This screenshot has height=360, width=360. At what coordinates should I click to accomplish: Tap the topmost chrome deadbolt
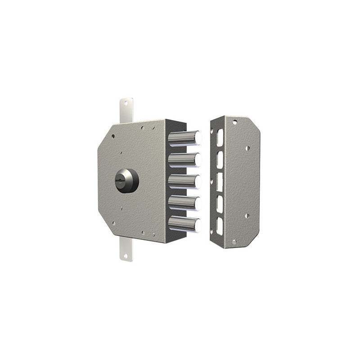point(184,137)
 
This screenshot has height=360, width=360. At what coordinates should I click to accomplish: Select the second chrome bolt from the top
point(184,159)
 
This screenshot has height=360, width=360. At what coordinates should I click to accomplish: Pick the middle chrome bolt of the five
point(184,181)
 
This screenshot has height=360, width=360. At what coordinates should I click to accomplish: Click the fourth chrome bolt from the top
point(184,202)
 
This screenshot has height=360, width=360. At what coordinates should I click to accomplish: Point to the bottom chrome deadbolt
point(184,224)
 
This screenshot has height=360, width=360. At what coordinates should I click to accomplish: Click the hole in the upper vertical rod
point(125,103)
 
